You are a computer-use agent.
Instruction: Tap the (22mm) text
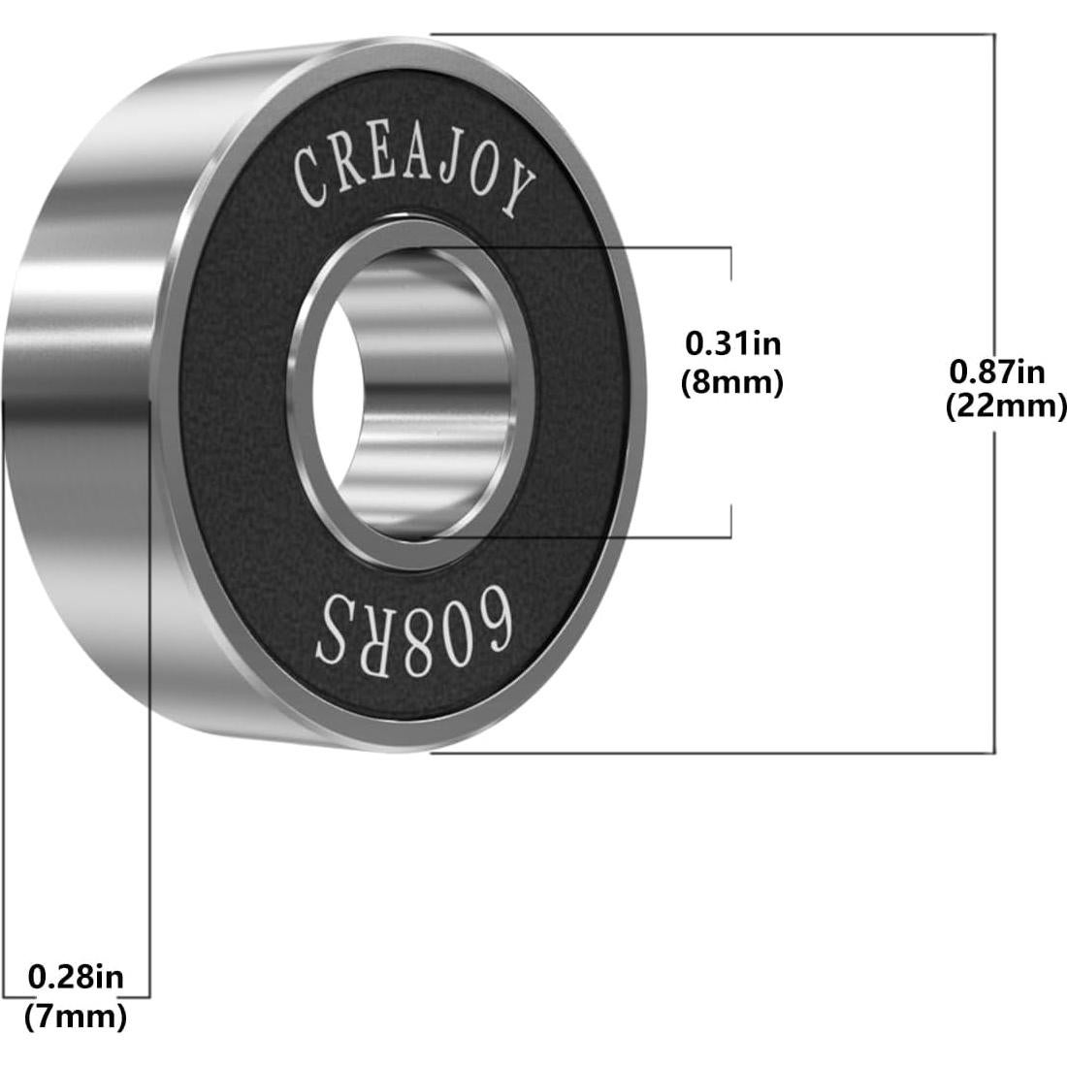(1006, 406)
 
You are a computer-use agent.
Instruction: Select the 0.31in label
(732, 342)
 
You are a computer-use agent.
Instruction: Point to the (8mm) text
(732, 382)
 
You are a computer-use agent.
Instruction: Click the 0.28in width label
(76, 976)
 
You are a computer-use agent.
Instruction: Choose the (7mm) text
(76, 1018)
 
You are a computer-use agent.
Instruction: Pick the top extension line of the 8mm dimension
(601, 247)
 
